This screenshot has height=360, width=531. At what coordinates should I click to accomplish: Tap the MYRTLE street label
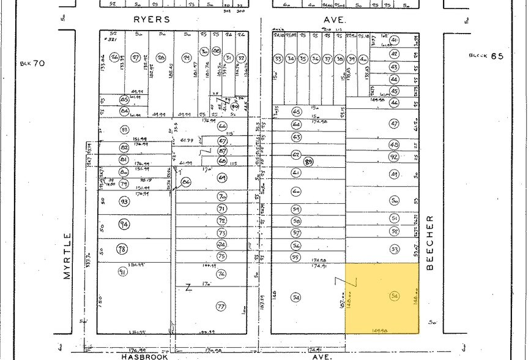pyautogui.click(x=67, y=255)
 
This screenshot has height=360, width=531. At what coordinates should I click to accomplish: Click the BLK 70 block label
pyautogui.click(x=32, y=63)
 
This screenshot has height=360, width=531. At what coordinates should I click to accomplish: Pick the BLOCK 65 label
pyautogui.click(x=486, y=56)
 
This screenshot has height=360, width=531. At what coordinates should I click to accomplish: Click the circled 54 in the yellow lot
pyautogui.click(x=394, y=297)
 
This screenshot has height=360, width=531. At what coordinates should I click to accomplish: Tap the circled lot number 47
pyautogui.click(x=394, y=124)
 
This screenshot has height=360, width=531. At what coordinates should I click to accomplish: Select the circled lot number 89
pyautogui.click(x=309, y=162)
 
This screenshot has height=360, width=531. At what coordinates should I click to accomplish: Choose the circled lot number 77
pyautogui.click(x=221, y=306)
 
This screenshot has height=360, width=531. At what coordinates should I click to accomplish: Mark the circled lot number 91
pyautogui.click(x=122, y=272)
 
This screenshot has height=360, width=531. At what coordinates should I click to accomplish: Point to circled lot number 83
pyautogui.click(x=124, y=129)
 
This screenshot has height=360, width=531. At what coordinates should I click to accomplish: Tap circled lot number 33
pyautogui.click(x=278, y=59)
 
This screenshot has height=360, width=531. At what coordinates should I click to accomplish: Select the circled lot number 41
pyautogui.click(x=394, y=40)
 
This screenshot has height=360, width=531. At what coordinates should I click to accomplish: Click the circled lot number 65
pyautogui.click(x=297, y=112)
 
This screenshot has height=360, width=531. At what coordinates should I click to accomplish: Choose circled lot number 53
pyautogui.click(x=394, y=249)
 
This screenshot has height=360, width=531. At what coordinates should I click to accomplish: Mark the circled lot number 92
pyautogui.click(x=394, y=156)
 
